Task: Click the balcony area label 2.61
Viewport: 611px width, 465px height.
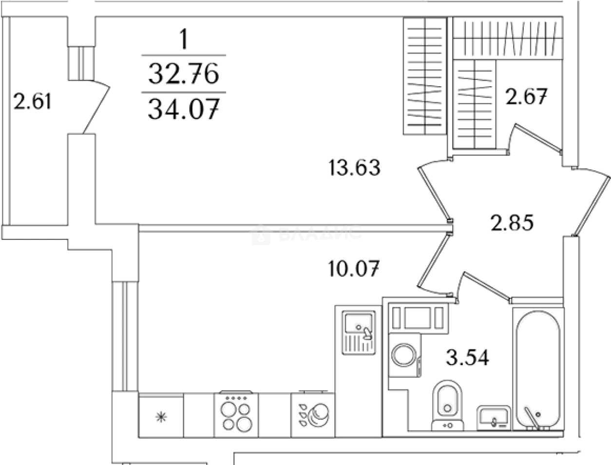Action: pyautogui.click(x=32, y=101)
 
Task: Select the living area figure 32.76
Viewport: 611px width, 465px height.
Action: pyautogui.click(x=184, y=73)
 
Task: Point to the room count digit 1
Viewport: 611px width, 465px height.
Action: pyautogui.click(x=183, y=39)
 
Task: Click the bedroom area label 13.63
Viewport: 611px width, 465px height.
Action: pyautogui.click(x=354, y=167)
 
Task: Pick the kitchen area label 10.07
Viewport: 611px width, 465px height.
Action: pyautogui.click(x=354, y=269)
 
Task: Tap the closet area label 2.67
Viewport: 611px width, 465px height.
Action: pyautogui.click(x=526, y=96)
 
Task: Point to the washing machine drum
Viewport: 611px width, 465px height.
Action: pyautogui.click(x=403, y=355)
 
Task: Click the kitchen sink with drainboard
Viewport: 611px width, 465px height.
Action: pyautogui.click(x=359, y=333)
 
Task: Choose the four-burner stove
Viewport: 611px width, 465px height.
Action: pyautogui.click(x=236, y=415)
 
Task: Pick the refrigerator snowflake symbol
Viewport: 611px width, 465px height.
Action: pyautogui.click(x=161, y=417)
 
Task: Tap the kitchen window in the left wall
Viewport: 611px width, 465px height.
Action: pyautogui.click(x=125, y=337)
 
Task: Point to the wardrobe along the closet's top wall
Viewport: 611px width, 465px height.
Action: pyautogui.click(x=508, y=39)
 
